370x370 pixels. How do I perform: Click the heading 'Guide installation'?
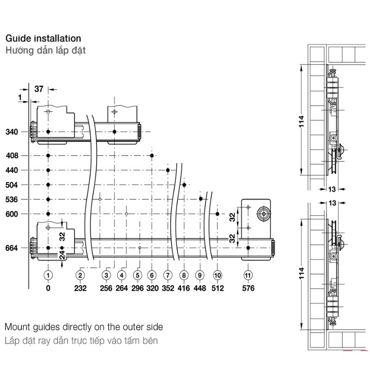[x=43, y=38]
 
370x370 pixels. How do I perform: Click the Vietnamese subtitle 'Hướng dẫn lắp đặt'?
[x=45, y=50]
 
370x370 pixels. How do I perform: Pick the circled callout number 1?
[x=48, y=275]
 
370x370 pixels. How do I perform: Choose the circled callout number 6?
[x=152, y=275]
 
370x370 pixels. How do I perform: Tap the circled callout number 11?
[x=248, y=275]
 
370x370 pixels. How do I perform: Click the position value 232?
[x=80, y=288]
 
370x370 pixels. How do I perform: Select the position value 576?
[x=248, y=288]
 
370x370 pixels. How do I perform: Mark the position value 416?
[x=184, y=288]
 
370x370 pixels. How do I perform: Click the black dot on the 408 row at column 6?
[x=152, y=155]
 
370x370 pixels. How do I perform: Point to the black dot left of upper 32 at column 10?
[x=217, y=214]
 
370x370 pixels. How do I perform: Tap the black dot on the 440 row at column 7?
[x=168, y=170]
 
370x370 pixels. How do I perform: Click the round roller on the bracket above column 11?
[x=262, y=213]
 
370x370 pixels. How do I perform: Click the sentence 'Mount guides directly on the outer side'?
[x=84, y=327]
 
